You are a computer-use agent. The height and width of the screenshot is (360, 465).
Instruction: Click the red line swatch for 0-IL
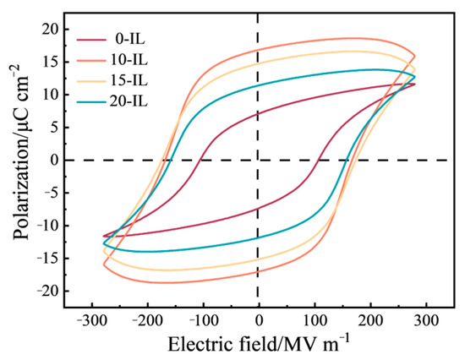pos(90,39)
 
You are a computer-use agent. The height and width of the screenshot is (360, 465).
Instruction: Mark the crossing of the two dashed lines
pos(259,160)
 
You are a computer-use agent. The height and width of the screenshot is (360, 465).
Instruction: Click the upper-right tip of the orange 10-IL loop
pos(414,56)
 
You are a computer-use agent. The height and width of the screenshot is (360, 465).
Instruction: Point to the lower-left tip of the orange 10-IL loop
pos(104,265)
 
